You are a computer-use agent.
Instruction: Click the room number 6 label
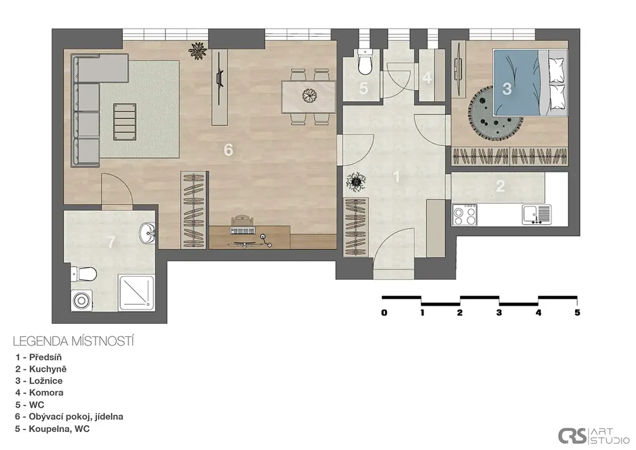(229, 150)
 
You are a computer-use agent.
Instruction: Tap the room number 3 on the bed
(507, 88)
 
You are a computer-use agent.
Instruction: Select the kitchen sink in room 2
(537, 214)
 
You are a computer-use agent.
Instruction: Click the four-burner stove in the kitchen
(465, 214)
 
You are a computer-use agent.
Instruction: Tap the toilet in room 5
(365, 62)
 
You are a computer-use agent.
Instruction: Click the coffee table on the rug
(124, 122)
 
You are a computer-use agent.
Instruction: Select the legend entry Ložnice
(39, 380)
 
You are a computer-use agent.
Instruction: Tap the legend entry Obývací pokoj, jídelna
(69, 416)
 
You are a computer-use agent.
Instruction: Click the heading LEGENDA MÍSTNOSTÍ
(73, 341)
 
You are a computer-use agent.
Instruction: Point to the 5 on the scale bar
(577, 313)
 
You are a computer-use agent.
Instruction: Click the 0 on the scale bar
(384, 313)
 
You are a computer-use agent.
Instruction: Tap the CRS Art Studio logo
(593, 436)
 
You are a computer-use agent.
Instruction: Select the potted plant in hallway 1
(356, 181)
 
